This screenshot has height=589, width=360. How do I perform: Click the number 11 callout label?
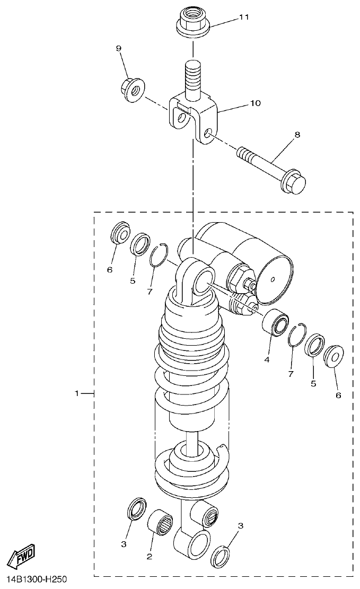(243, 17)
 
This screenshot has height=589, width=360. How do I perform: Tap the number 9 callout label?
(119, 48)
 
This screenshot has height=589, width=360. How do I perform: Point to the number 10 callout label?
(255, 103)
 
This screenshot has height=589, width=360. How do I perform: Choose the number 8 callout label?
(297, 135)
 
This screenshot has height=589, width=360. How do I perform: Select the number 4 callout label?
(267, 359)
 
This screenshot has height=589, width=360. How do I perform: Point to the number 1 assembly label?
(77, 393)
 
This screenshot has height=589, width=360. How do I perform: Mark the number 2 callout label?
(150, 556)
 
